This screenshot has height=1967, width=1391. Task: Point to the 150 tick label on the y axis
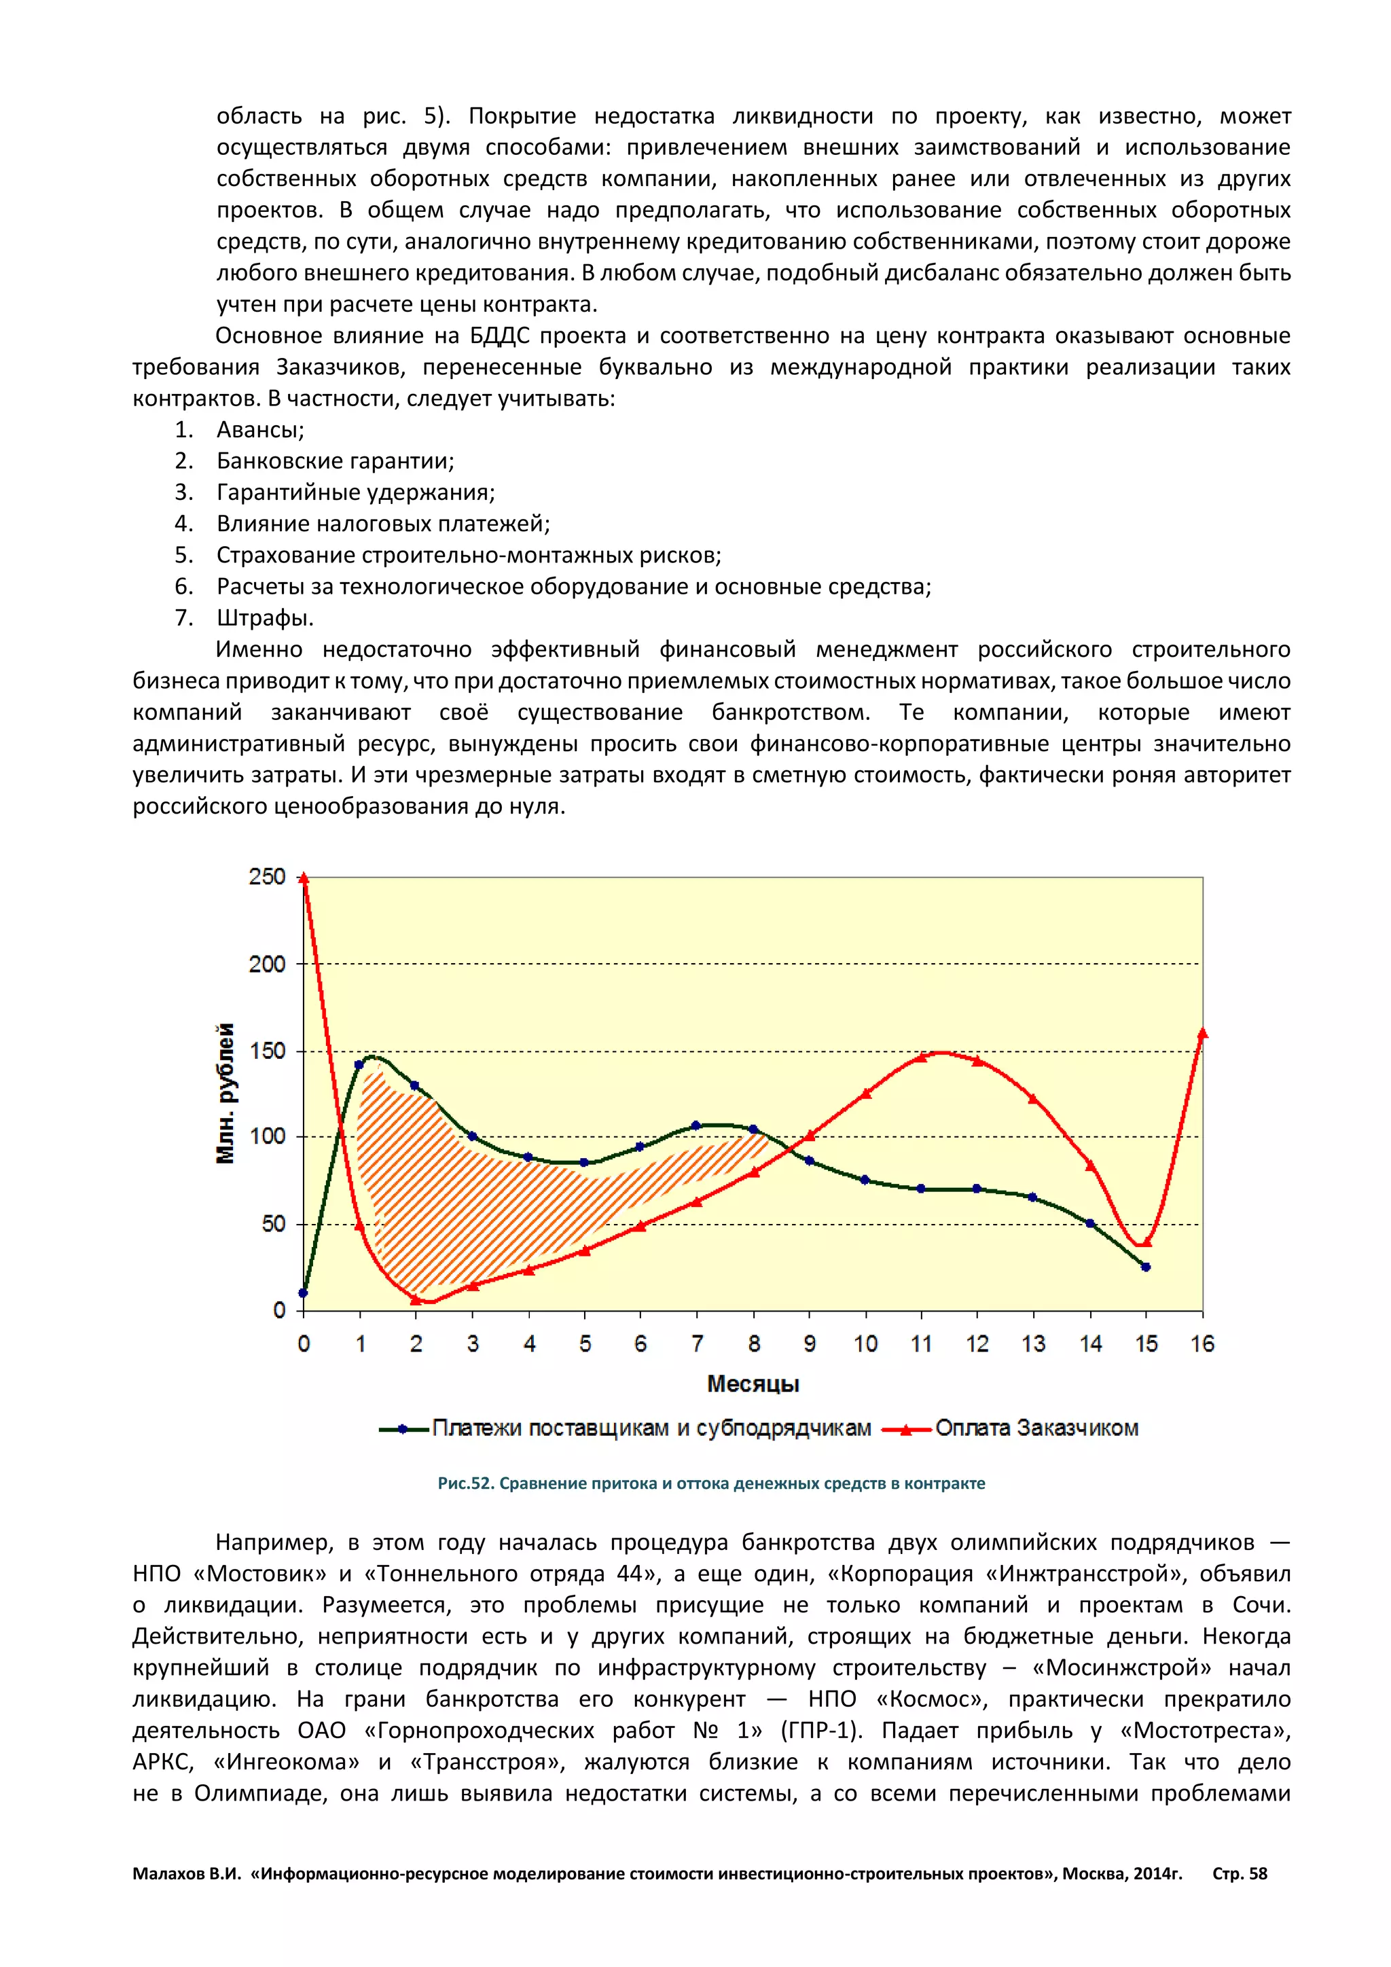coord(266,1051)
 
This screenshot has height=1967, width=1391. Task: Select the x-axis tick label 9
coord(810,1344)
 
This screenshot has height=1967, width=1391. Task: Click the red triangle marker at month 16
coord(1203,1033)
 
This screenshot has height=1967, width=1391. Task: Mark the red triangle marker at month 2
coord(416,1299)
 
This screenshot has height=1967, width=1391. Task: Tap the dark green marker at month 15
coord(1146,1267)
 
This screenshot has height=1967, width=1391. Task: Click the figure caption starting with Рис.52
coord(711,1484)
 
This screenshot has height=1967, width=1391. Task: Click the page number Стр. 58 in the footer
coord(1240,1874)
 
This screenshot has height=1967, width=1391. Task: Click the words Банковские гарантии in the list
coord(335,461)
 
